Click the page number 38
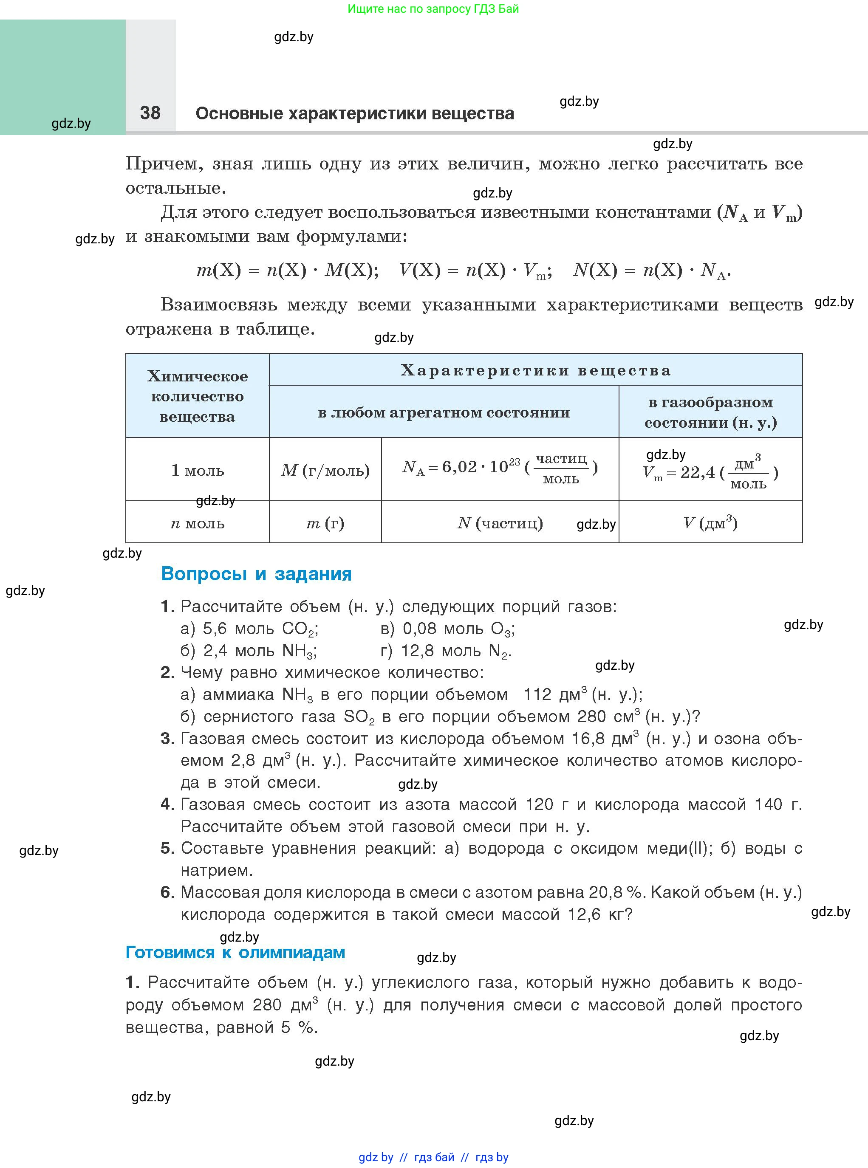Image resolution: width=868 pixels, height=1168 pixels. click(150, 113)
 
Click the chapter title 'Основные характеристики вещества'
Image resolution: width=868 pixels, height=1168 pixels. click(355, 113)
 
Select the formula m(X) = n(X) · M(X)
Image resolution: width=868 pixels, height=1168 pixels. click(287, 271)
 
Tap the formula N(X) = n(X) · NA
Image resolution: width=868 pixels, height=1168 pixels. click(651, 271)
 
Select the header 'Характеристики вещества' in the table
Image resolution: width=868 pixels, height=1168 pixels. click(535, 370)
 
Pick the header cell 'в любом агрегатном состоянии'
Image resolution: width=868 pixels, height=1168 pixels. click(444, 412)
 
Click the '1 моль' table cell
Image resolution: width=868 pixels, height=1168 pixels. click(198, 470)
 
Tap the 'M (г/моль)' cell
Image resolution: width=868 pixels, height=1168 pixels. click(325, 470)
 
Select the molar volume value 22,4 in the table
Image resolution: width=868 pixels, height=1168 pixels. click(697, 472)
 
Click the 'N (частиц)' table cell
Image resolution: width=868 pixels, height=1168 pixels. click(500, 523)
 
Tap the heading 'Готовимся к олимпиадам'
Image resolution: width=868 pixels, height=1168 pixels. click(235, 952)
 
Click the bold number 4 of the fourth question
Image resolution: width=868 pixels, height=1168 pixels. click(167, 804)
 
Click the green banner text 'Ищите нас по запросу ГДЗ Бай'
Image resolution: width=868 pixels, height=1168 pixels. click(433, 9)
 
